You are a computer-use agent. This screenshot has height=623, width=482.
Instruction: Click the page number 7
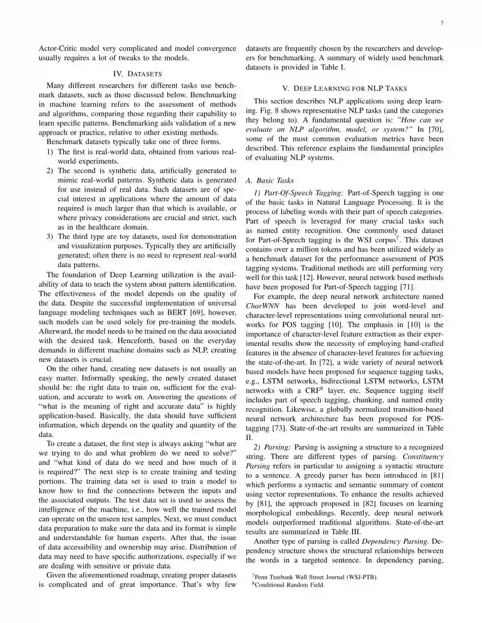pos(442,23)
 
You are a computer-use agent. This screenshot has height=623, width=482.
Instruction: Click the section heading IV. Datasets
pos(137,74)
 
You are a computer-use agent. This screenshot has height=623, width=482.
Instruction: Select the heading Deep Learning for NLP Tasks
pos(345,89)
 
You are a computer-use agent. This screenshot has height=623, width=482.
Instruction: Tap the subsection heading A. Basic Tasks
pos(270,180)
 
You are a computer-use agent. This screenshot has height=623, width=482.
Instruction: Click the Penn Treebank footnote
pos(316,578)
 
